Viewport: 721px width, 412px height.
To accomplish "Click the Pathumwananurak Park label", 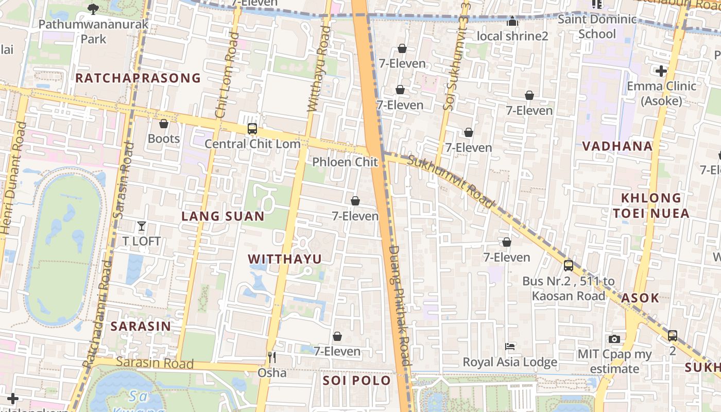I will tap(93, 31).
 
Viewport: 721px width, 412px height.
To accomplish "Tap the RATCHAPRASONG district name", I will tap(138, 78).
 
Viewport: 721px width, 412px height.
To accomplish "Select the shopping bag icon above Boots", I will tap(164, 124).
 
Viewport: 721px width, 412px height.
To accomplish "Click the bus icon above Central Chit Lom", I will tap(252, 129).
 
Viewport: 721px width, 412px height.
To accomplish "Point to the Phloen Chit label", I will tap(345, 162).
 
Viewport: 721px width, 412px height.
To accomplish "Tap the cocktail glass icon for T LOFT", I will tap(142, 226).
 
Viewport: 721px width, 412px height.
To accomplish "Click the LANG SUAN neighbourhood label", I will tap(222, 216).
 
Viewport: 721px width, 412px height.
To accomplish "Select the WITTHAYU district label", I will tap(285, 259).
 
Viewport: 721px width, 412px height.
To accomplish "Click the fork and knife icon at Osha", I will tap(272, 357).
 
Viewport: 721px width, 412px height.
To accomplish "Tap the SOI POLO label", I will tap(357, 381).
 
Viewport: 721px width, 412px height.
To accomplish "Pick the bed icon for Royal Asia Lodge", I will tap(510, 347).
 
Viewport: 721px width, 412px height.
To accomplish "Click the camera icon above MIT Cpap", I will tap(614, 339).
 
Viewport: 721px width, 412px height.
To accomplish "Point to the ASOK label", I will tap(640, 298).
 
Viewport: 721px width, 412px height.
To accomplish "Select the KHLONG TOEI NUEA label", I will tap(651, 206).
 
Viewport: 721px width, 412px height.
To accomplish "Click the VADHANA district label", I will tap(617, 146).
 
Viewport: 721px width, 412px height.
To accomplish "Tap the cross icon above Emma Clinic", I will tap(661, 71).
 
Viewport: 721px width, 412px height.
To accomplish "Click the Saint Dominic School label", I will tap(597, 27).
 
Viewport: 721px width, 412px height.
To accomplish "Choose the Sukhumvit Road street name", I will tap(450, 181).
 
